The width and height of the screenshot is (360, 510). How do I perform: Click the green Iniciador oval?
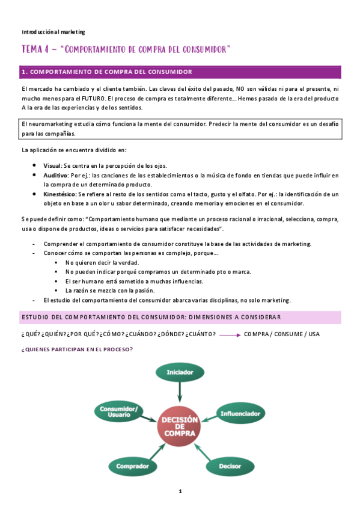coord(180,373)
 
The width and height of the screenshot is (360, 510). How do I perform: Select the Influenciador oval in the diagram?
coord(240,414)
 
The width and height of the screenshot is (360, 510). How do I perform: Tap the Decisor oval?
coord(230,466)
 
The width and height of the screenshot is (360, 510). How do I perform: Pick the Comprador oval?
coord(133,466)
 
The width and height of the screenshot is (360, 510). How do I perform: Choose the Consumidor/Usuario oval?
coord(118,412)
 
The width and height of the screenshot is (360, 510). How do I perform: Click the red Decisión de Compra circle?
coord(180,427)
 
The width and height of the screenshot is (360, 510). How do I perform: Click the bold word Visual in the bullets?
coord(52,165)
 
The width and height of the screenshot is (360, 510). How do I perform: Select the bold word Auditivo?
coord(55,175)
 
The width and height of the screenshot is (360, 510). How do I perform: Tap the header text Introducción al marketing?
coord(53,31)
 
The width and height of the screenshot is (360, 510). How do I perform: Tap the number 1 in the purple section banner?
coord(23,72)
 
